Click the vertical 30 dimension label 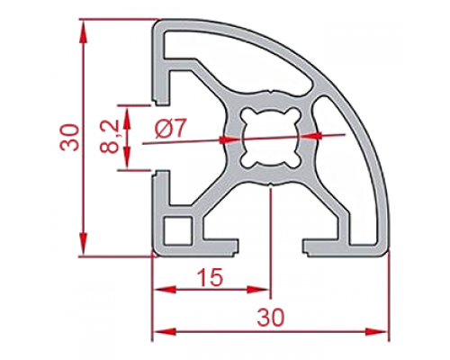tap(69, 137)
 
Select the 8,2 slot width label tap(109, 137)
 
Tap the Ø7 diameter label tap(170, 128)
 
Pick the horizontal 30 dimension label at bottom tap(270, 318)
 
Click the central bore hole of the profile tap(270, 139)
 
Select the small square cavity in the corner tap(178, 230)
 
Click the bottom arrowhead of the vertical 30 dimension tap(84, 245)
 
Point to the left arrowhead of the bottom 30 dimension tap(165, 332)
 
